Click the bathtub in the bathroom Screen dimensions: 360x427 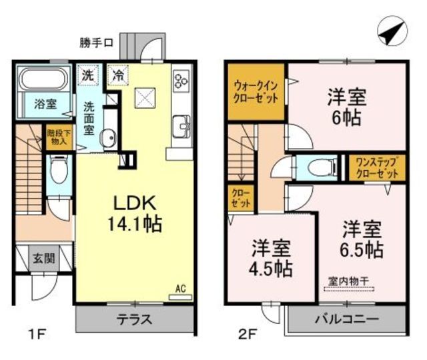(41, 80)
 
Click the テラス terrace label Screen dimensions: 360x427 (135, 319)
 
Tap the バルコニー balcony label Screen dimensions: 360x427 (346, 319)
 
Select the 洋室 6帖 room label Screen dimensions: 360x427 (346, 107)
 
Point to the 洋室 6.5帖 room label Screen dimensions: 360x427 (362, 240)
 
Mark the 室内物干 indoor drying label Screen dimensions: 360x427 (349, 280)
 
